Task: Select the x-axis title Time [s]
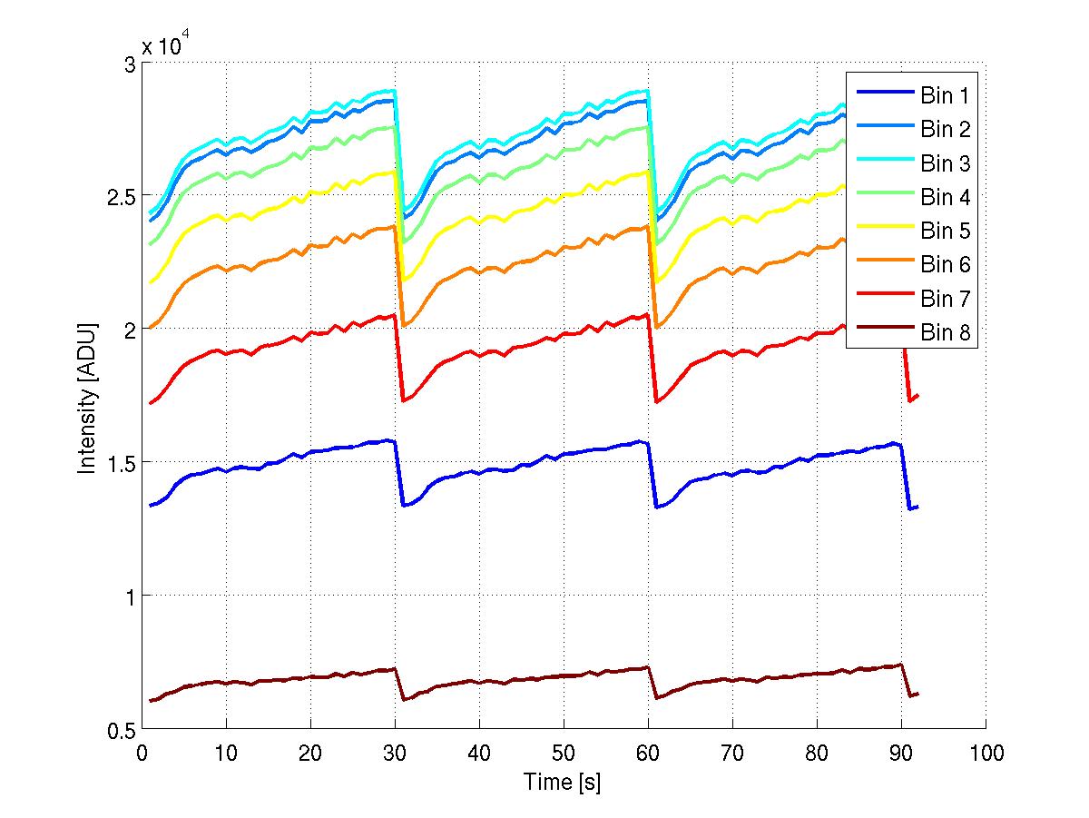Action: [562, 782]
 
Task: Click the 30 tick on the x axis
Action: [395, 753]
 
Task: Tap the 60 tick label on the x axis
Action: [648, 753]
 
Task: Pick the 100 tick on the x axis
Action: [986, 753]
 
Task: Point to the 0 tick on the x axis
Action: [142, 753]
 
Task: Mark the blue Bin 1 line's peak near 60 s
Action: [641, 441]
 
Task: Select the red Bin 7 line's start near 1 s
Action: [151, 402]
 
